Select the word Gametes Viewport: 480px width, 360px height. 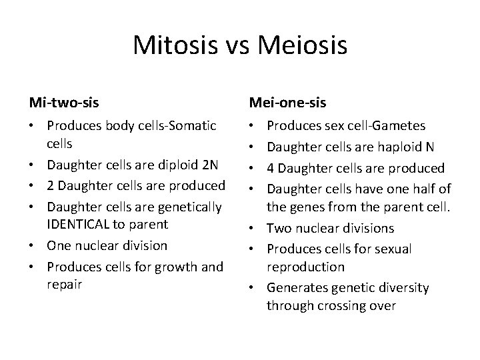403,125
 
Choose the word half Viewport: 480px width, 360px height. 427,188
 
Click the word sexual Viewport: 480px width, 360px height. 391,249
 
